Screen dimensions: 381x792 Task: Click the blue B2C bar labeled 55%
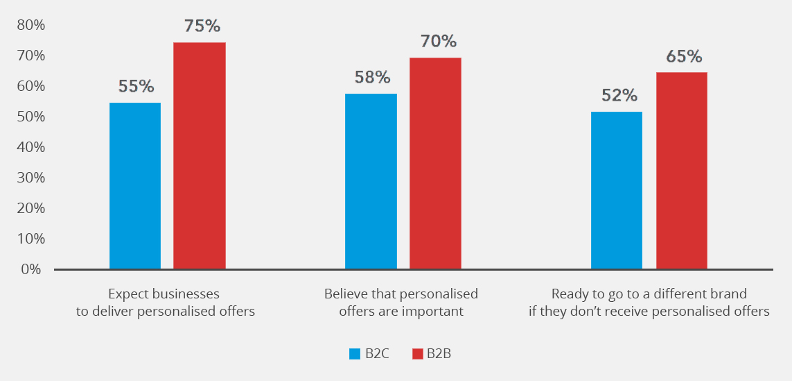click(x=135, y=185)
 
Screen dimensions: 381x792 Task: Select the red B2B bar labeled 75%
click(x=199, y=155)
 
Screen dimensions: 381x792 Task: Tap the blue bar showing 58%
click(x=371, y=181)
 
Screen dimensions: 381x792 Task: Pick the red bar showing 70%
click(x=435, y=163)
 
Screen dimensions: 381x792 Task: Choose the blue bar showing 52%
click(x=616, y=190)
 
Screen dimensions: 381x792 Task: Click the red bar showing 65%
click(x=681, y=170)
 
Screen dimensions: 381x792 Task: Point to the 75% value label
click(x=202, y=26)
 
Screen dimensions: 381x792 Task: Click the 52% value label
click(x=619, y=95)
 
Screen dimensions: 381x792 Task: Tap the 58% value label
click(x=373, y=77)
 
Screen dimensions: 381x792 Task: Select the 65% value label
click(x=684, y=56)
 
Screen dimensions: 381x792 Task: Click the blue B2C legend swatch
click(x=354, y=354)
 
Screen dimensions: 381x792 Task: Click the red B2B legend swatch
click(x=417, y=354)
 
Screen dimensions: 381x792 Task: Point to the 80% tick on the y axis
click(x=30, y=25)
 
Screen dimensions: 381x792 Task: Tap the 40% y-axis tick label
click(x=30, y=147)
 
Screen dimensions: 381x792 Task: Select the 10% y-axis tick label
click(x=30, y=239)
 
